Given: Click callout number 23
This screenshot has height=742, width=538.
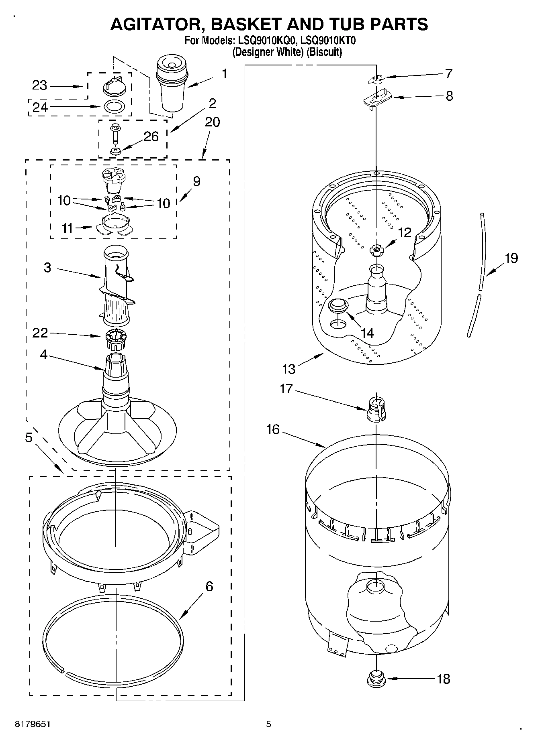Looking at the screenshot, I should click(x=40, y=85).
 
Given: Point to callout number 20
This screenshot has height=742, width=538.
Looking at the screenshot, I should click(x=212, y=122).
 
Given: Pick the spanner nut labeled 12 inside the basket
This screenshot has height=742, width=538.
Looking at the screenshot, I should click(x=376, y=251).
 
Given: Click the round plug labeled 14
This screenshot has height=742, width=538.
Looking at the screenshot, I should click(x=338, y=305).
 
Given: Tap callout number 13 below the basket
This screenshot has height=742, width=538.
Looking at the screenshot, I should click(x=288, y=369).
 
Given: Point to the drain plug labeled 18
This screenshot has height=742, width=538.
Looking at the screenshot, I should click(x=376, y=679).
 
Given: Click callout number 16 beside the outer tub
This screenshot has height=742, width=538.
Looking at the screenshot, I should click(x=273, y=430).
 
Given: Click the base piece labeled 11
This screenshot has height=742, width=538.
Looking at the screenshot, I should click(x=114, y=225).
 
